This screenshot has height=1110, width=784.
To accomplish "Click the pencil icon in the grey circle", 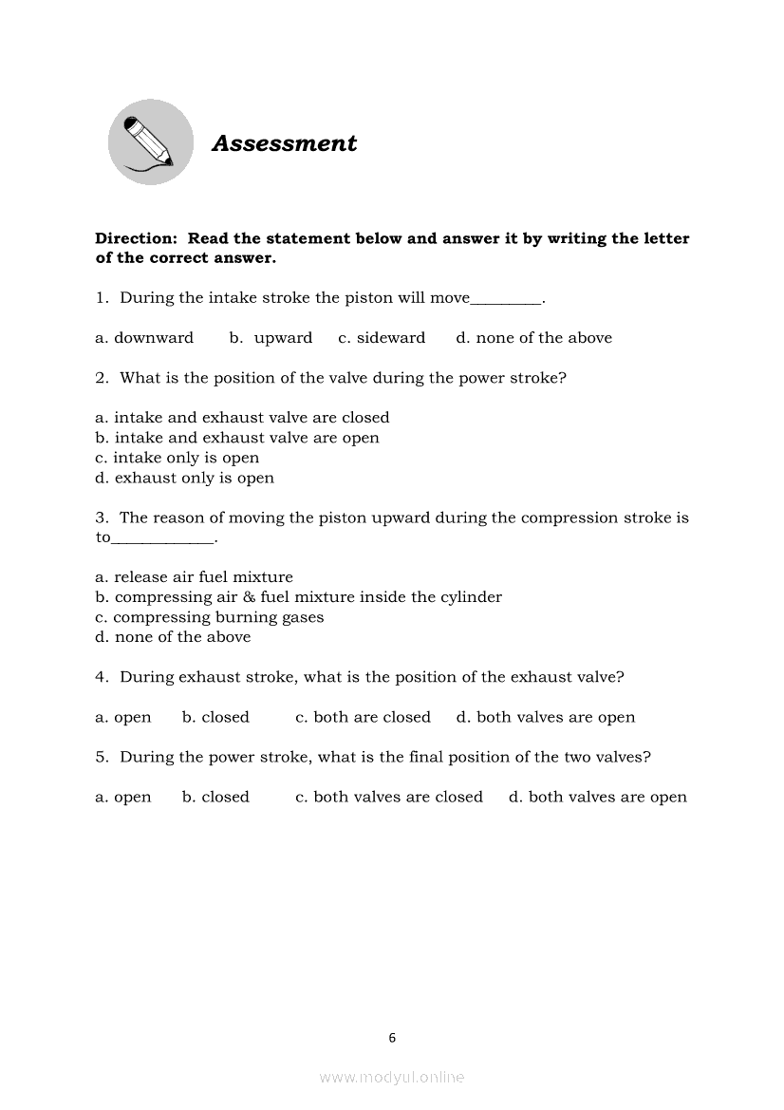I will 150,142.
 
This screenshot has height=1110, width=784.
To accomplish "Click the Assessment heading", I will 284,143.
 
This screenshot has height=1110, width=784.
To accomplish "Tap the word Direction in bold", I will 136,238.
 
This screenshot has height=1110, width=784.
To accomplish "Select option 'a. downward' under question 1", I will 144,338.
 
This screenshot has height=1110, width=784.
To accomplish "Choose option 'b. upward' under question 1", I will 271,338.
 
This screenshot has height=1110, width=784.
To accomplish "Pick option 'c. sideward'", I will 382,338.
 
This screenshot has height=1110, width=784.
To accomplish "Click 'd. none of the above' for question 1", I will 533,338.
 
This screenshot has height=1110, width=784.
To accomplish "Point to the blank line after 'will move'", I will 506,301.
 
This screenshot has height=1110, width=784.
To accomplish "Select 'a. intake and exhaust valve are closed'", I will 242,418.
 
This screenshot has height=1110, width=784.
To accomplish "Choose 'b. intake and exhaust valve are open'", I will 237,438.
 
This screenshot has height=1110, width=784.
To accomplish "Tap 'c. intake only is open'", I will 177,458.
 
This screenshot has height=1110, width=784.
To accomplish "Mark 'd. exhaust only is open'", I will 184,478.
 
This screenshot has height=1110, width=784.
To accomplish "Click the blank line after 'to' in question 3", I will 163,540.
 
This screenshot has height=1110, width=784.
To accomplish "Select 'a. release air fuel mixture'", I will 194,577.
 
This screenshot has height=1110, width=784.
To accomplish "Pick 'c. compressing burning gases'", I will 209,617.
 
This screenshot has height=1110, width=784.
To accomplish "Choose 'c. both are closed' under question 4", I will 363,718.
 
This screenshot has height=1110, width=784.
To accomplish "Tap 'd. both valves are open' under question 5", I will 597,798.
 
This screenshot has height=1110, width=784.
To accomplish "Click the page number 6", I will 392,1038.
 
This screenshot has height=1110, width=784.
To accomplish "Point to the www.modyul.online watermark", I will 392,1077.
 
